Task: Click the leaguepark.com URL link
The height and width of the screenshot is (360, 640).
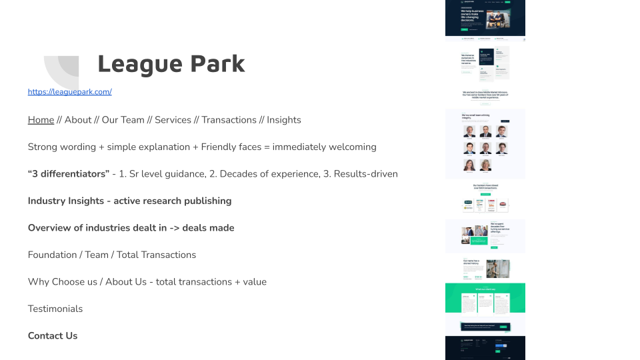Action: pos(69,92)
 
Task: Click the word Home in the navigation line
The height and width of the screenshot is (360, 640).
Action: pos(41,120)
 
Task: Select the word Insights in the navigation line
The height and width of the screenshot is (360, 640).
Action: pos(283,120)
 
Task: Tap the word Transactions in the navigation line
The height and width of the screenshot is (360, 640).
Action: pos(229,120)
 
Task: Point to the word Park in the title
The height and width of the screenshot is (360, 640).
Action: pos(217,64)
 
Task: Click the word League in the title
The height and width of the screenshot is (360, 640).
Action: pos(139,64)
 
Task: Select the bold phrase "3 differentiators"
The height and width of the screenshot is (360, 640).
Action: pos(69,174)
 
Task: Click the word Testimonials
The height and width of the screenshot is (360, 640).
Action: pos(55,309)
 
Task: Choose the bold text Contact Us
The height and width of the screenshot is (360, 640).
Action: pos(53,336)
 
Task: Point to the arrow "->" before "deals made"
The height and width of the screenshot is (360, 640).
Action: pos(175,228)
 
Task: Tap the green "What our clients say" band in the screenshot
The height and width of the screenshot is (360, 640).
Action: pos(485,298)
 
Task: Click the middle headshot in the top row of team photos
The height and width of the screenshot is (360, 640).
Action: pos(485,131)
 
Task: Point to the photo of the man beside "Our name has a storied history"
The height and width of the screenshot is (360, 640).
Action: pos(497,268)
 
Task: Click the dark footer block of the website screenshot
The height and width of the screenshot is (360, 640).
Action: pos(485,347)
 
